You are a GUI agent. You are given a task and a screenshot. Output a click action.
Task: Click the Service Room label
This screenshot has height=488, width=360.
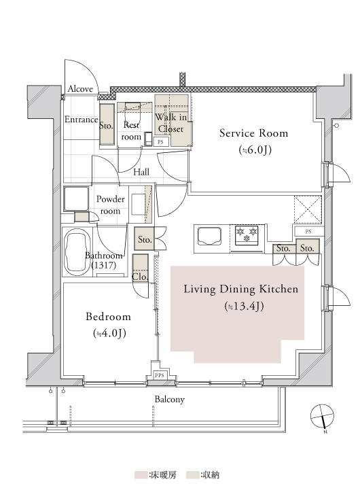coord(253,133)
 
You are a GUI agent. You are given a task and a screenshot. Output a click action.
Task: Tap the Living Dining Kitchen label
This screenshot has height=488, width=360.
coord(241,289)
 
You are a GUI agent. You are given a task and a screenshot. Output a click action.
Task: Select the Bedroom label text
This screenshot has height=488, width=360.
coord(108,317)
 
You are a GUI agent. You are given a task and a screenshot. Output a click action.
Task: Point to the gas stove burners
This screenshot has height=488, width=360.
coord(247,234)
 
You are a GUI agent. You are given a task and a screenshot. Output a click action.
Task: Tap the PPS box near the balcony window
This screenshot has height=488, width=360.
coord(160,375)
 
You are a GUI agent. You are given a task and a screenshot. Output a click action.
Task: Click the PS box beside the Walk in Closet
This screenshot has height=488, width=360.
coord(160,142)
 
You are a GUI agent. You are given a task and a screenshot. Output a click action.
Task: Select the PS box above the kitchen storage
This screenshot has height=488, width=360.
coord(308,231)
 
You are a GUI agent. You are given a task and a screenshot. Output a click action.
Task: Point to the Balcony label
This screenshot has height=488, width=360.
coord(170,399)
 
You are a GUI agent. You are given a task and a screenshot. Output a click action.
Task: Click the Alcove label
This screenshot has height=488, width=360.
coord(80,89)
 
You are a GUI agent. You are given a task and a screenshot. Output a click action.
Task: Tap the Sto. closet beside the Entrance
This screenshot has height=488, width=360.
coord(107,124)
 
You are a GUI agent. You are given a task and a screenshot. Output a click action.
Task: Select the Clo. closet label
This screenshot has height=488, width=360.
coord(140,277)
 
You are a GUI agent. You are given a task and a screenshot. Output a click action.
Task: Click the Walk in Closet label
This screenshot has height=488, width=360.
coord(171,123)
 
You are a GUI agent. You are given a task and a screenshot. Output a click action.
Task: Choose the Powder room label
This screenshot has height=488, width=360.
coord(111,205)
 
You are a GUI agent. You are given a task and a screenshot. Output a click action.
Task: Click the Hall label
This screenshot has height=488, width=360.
coord(141,172)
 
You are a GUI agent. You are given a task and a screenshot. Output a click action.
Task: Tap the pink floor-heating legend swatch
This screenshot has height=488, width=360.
coord(141,475)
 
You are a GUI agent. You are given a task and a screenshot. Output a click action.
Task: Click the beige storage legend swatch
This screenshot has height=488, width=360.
coord(193,475)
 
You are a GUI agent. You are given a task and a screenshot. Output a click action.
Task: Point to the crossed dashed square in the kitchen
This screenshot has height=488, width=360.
coord(308,209)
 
